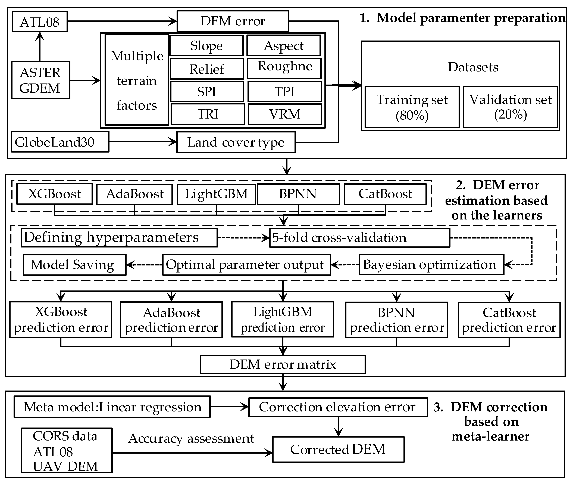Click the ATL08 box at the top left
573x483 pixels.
tap(40, 22)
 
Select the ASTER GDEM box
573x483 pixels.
tap(40, 80)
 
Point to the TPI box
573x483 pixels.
tap(285, 91)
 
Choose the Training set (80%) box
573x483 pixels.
tap(412, 107)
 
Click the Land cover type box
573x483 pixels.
tap(236, 142)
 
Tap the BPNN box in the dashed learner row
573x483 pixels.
tap(298, 194)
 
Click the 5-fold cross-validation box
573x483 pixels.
tap(360, 238)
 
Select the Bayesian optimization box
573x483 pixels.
tap(431, 265)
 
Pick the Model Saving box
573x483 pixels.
tap(74, 265)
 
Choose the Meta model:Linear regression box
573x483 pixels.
tap(112, 407)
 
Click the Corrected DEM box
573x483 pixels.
tap(338, 449)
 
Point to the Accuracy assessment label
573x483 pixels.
tap(191, 438)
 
